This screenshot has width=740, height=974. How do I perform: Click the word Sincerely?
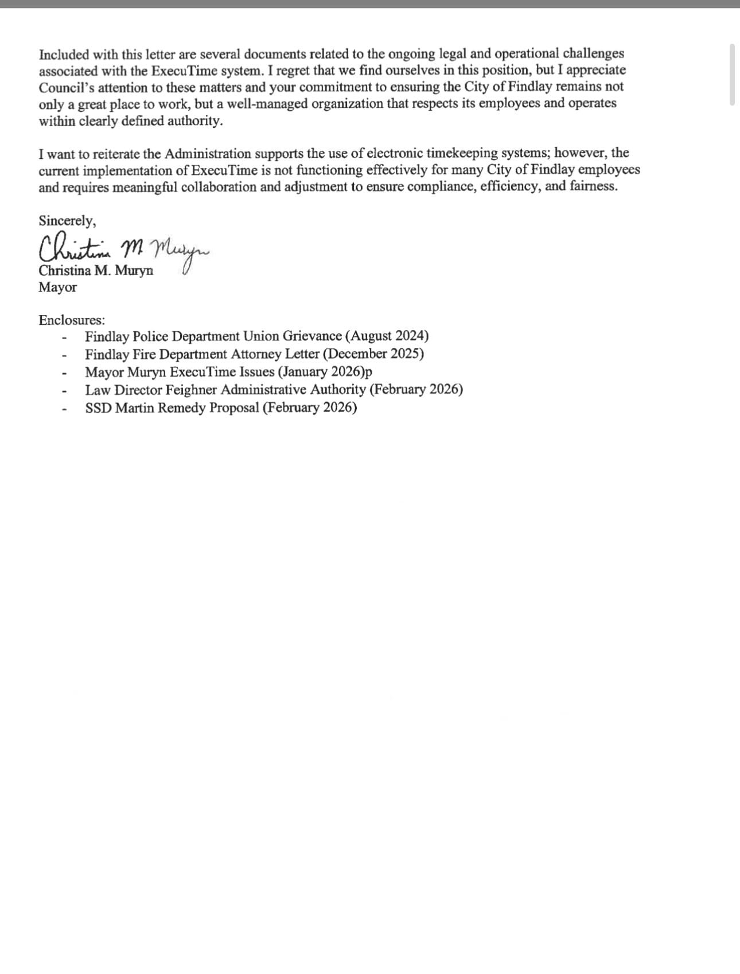coord(67,221)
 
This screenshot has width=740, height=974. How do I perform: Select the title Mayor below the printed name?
coord(57,288)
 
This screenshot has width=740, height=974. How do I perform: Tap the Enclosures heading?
coord(72,320)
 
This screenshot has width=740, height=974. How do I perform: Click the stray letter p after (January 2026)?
coord(369,372)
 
